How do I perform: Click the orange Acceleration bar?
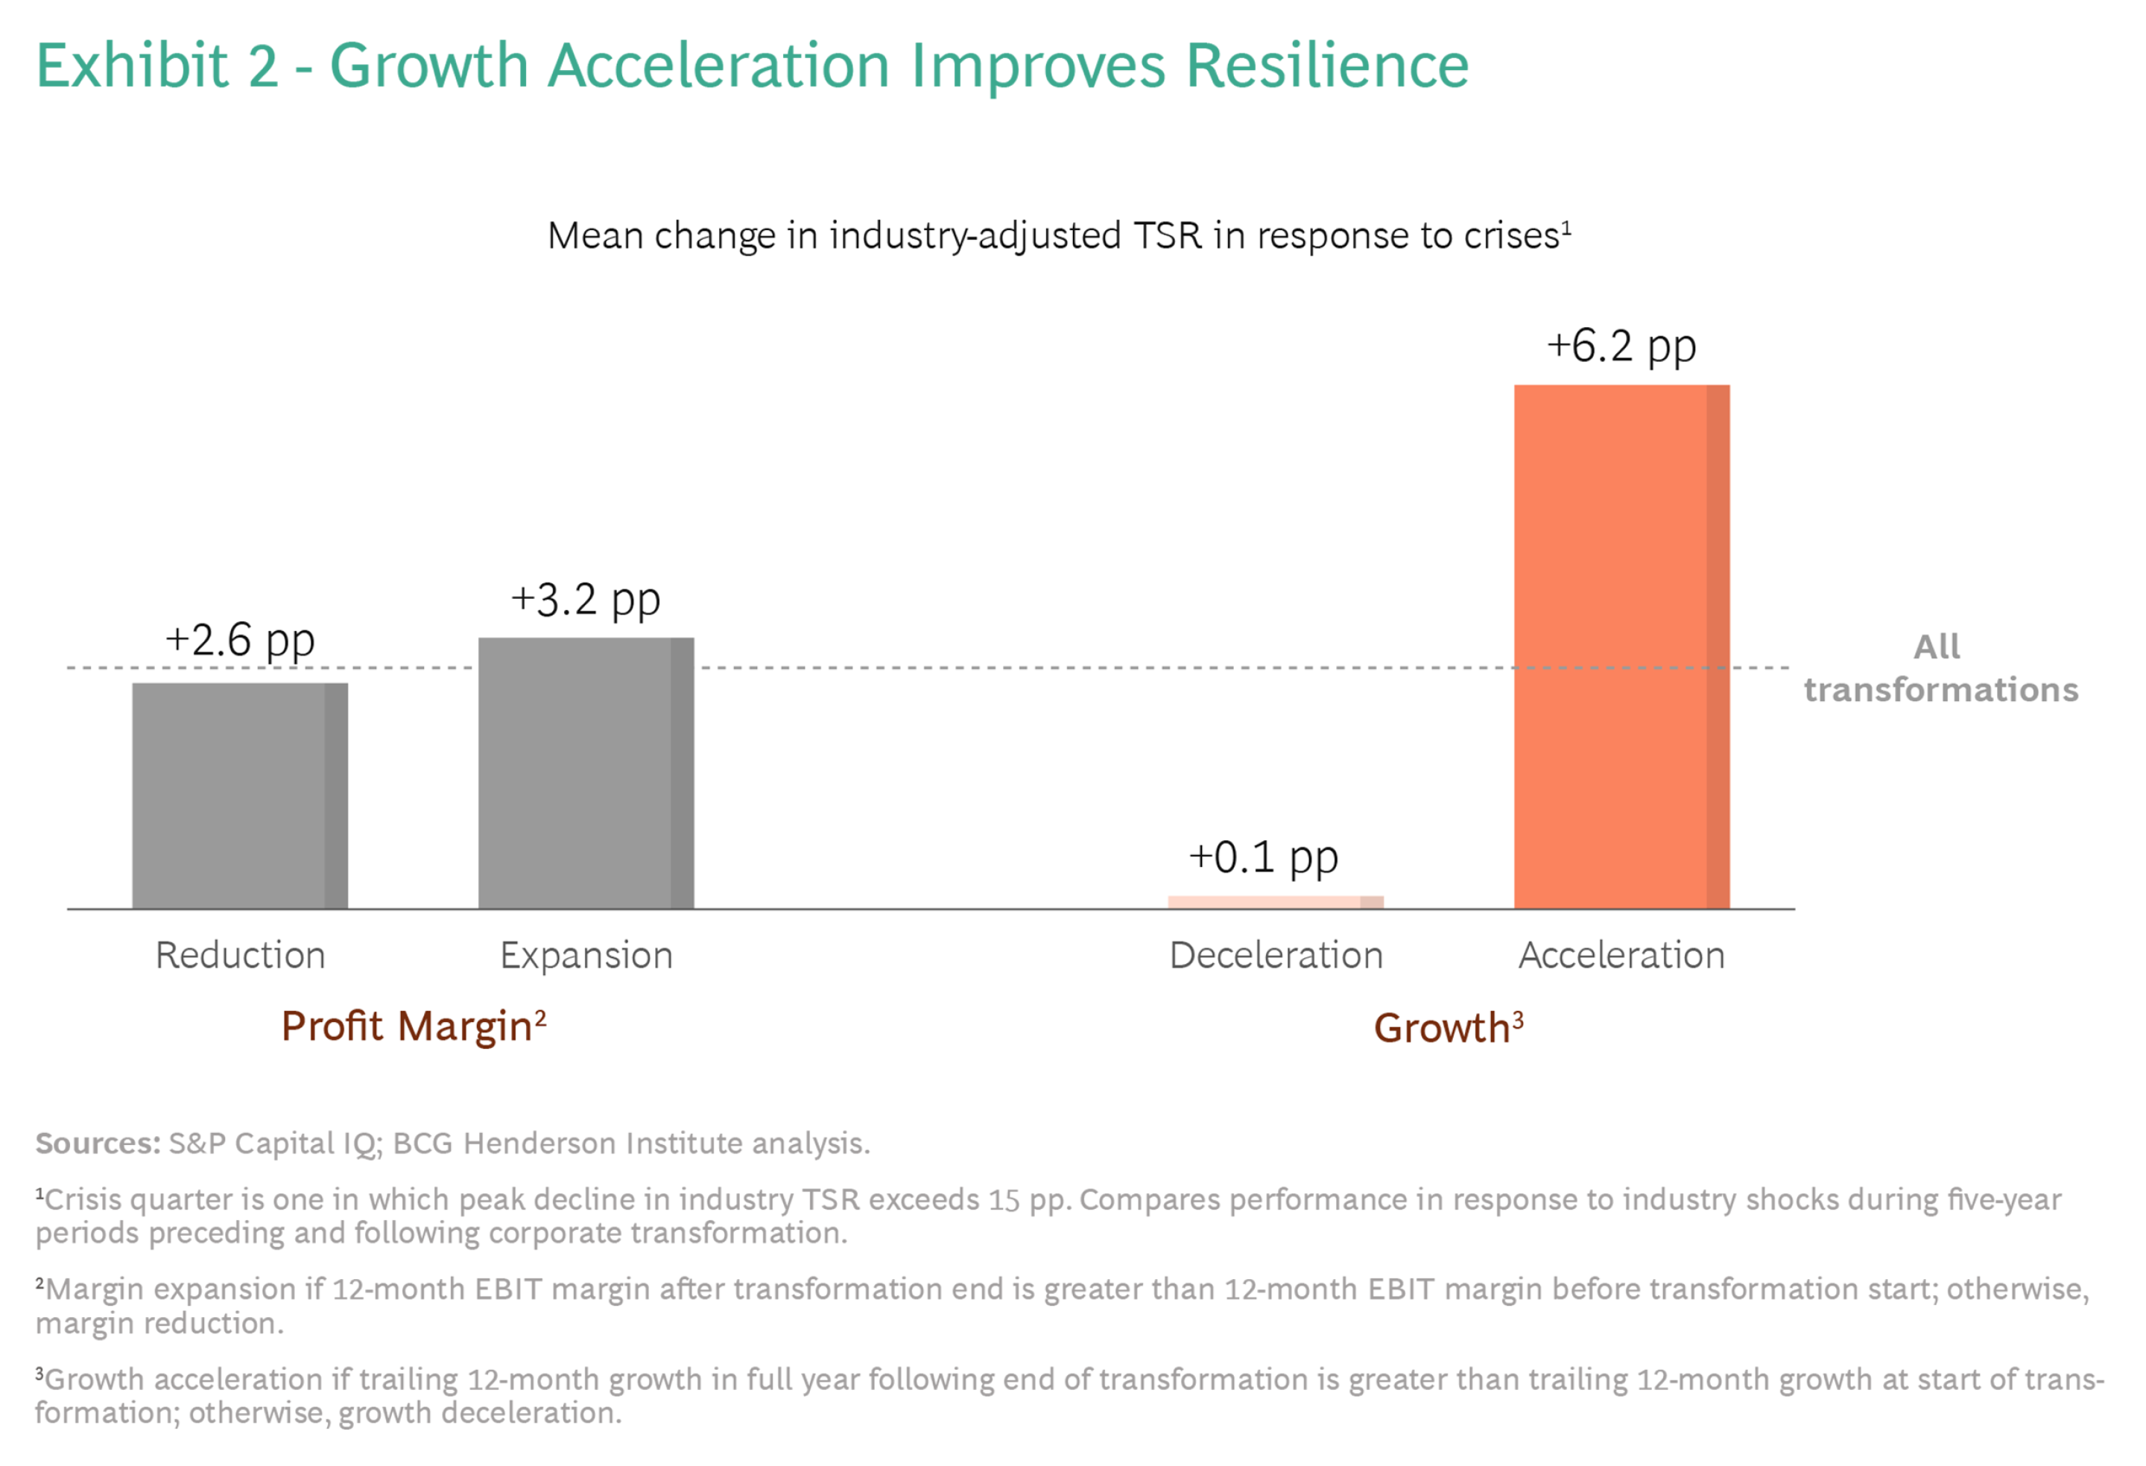click(1621, 647)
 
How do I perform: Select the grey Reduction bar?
click(240, 796)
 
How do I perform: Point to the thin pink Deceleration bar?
click(1275, 902)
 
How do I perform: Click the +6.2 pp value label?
click(1621, 346)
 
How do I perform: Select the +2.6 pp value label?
click(240, 640)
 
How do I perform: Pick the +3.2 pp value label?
click(586, 600)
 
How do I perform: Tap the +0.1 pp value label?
click(1263, 857)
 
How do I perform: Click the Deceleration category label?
click(1275, 956)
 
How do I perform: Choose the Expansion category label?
click(586, 956)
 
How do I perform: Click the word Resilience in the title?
click(1326, 66)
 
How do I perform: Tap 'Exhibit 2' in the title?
click(157, 66)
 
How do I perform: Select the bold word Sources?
click(98, 1143)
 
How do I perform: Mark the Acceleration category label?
click(1621, 956)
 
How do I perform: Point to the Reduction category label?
click(240, 956)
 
